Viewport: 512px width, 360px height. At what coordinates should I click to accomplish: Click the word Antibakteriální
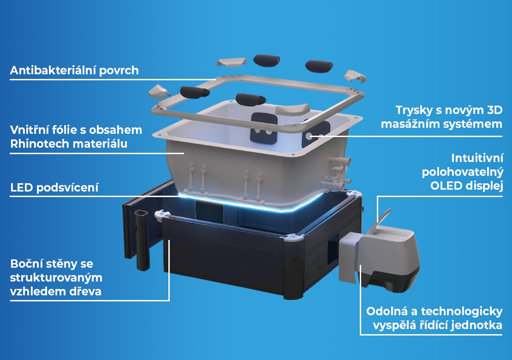coord(53,70)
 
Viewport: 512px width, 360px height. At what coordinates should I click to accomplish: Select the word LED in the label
coord(22,187)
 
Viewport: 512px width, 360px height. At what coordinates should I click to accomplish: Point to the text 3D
coord(494,110)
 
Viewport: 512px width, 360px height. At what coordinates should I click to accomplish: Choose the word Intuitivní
coord(477,158)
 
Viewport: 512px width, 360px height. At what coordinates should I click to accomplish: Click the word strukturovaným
coord(56,278)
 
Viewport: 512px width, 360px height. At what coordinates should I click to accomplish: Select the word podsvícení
coord(67,188)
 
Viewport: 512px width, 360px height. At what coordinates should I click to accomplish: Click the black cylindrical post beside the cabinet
coord(143,240)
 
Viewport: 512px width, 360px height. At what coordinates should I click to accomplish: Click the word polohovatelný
coord(462,172)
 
